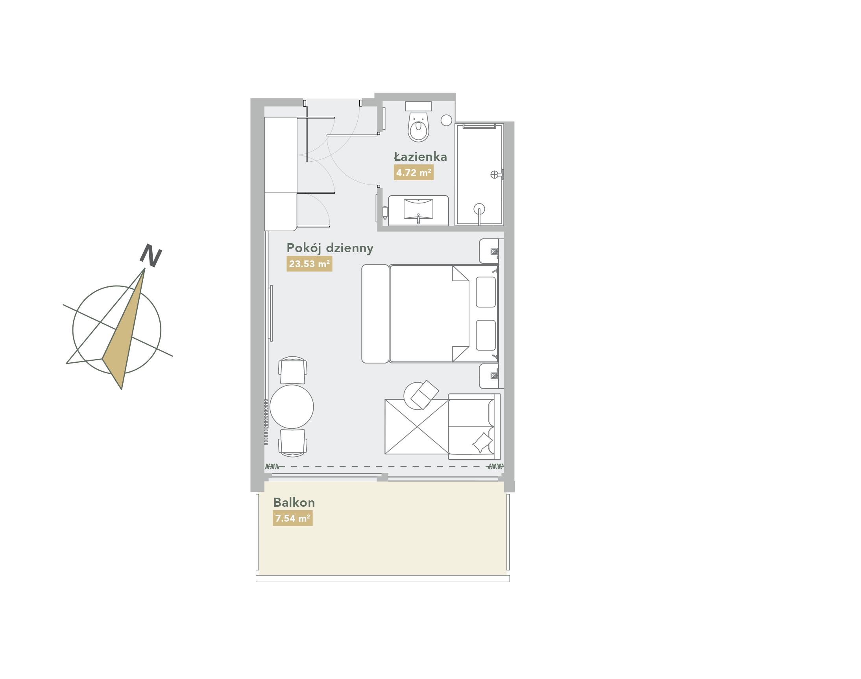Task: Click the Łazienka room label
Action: pos(420,157)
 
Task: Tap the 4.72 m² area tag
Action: pos(414,173)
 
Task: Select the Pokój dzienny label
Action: pos(330,248)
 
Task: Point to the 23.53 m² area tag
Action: pos(309,264)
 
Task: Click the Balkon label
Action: pos(294,502)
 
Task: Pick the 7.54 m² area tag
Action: pos(292,518)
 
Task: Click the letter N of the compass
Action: pos(151,255)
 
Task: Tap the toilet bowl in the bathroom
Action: pos(418,127)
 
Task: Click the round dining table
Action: pos(292,407)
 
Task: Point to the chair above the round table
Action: pos(292,370)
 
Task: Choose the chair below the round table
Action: pos(292,443)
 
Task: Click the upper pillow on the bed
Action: pos(486,292)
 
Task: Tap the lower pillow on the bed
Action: pos(486,335)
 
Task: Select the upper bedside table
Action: pos(489,251)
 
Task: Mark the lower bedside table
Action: pos(489,376)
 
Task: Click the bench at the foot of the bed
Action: pos(375,314)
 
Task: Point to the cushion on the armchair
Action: pos(482,442)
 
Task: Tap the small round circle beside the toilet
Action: pos(446,120)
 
